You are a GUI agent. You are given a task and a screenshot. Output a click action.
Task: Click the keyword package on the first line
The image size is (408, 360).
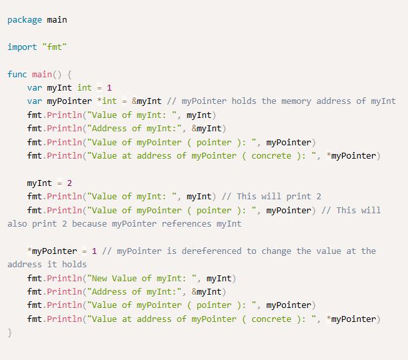[25, 19]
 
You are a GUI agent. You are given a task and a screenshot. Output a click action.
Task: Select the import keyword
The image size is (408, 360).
[22, 47]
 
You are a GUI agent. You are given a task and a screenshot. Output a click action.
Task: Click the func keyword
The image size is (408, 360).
[17, 74]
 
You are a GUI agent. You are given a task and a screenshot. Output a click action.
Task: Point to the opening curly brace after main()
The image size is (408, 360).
[70, 74]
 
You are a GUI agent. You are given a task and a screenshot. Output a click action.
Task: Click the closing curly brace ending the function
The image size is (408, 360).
[10, 332]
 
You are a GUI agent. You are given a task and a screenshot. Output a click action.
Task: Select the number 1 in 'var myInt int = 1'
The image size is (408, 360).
[110, 87]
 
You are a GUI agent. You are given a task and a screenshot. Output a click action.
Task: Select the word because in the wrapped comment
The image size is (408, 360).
[87, 224]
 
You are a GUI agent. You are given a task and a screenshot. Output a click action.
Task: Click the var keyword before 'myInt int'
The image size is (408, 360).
[35, 87]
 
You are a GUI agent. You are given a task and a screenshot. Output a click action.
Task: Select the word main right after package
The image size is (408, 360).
[57, 19]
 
